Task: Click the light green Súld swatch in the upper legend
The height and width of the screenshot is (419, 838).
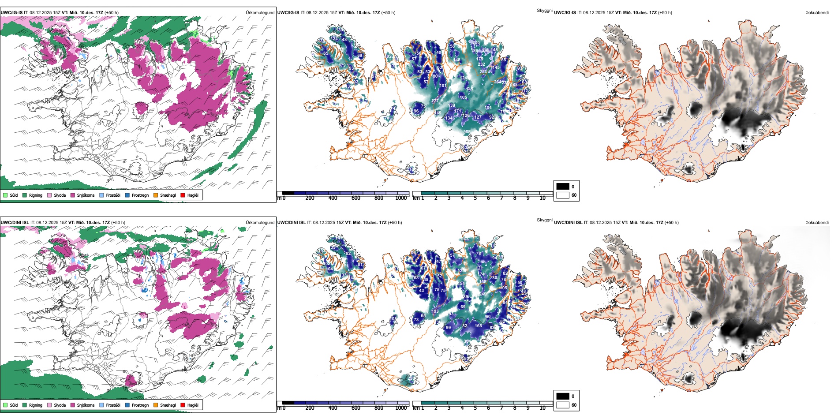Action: click(5, 195)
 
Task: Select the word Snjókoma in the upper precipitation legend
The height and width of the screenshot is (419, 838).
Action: click(86, 195)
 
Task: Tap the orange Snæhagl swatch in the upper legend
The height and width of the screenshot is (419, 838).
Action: click(156, 195)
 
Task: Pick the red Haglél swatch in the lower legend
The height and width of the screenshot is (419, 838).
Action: click(183, 405)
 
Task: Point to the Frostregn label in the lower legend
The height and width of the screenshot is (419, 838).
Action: click(140, 405)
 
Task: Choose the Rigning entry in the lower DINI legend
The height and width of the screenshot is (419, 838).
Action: click(36, 405)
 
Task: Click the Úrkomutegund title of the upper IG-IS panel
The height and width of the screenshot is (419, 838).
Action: click(260, 13)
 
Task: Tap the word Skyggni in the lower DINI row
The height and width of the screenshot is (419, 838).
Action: click(544, 220)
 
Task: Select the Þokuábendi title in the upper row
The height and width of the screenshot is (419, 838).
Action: click(817, 13)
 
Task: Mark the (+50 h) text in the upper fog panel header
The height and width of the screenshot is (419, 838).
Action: click(665, 13)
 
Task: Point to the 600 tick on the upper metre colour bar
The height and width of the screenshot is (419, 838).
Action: click(356, 198)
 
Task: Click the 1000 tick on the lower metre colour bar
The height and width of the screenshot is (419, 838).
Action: click(401, 408)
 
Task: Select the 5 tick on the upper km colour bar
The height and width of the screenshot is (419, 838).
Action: click(475, 198)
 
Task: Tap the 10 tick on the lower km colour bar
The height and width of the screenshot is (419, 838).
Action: click(542, 408)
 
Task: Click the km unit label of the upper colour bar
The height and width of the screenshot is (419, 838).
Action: click(415, 198)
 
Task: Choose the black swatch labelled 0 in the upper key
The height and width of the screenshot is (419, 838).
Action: click(563, 186)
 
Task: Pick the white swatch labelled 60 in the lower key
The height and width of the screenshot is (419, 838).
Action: click(563, 405)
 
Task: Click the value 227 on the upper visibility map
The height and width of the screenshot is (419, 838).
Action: click(435, 101)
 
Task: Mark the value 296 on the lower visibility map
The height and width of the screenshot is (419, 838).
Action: click(411, 378)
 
